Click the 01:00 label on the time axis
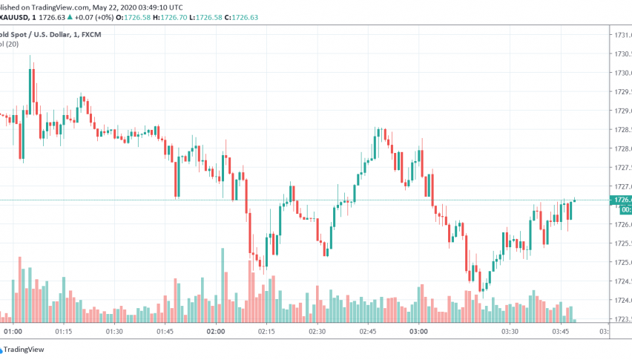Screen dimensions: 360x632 (13, 332)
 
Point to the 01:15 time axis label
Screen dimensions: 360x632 (64, 332)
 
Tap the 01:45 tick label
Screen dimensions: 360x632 (165, 332)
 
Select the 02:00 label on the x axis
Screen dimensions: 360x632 (216, 332)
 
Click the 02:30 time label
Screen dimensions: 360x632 (317, 332)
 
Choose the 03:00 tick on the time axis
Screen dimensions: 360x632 (418, 332)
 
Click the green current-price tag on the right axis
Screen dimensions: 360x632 (619, 200)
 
